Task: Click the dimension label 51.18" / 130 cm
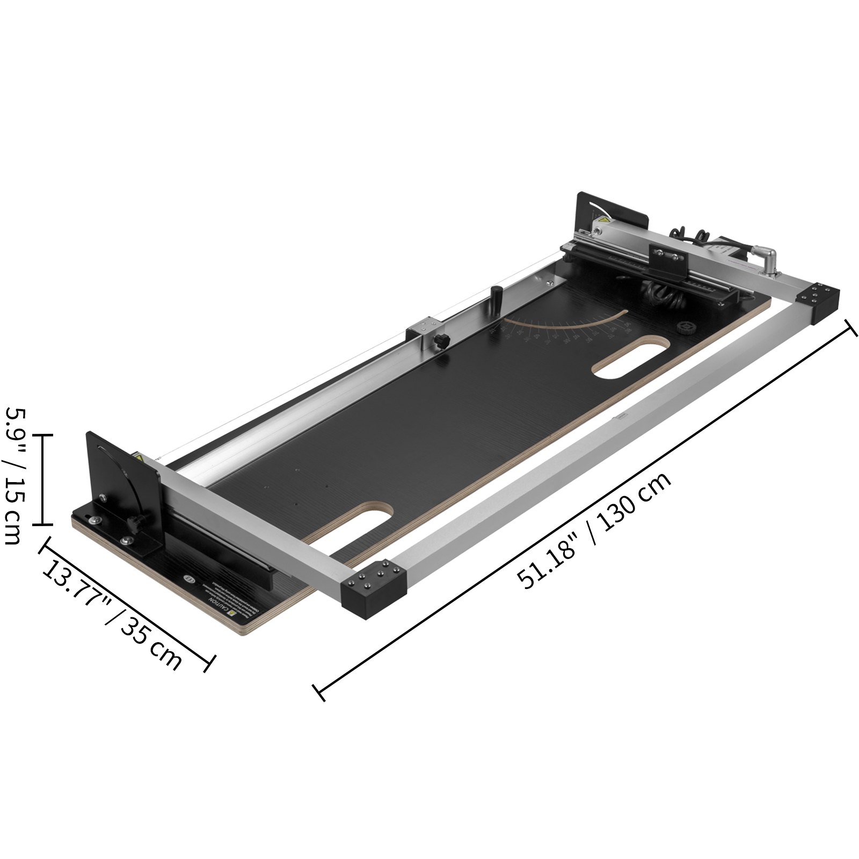click(x=594, y=531)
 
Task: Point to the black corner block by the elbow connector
click(x=818, y=302)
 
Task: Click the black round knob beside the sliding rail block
click(x=441, y=340)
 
